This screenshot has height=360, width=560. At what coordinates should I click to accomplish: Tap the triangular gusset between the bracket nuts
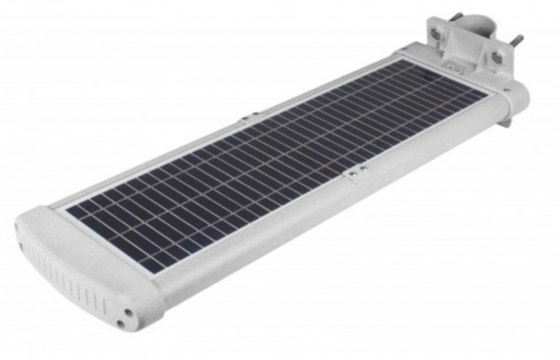[468, 46]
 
